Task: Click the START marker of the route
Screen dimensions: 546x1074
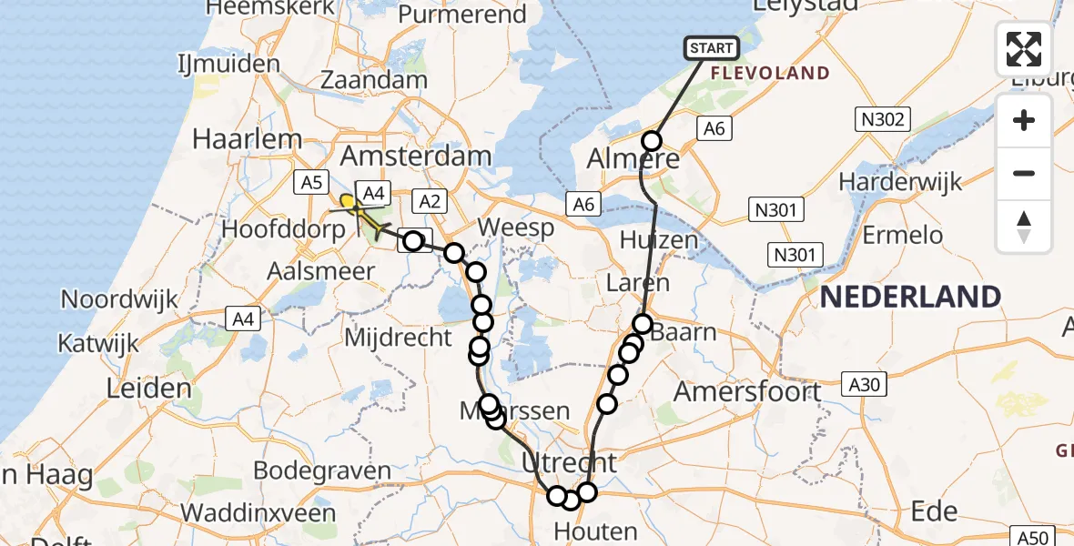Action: click(x=710, y=47)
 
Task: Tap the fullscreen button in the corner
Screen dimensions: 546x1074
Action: click(x=1024, y=48)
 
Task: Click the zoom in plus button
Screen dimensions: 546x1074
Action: click(x=1024, y=120)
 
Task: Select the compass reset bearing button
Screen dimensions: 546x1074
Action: click(x=1024, y=227)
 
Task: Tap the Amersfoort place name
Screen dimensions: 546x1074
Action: click(x=747, y=391)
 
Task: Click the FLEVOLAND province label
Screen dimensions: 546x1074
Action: click(x=770, y=74)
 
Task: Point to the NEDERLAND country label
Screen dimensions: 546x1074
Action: click(x=911, y=297)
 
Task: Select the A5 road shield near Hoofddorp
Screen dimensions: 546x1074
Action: click(x=311, y=183)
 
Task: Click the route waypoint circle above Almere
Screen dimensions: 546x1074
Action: click(x=652, y=140)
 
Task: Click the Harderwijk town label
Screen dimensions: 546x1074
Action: click(x=899, y=182)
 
